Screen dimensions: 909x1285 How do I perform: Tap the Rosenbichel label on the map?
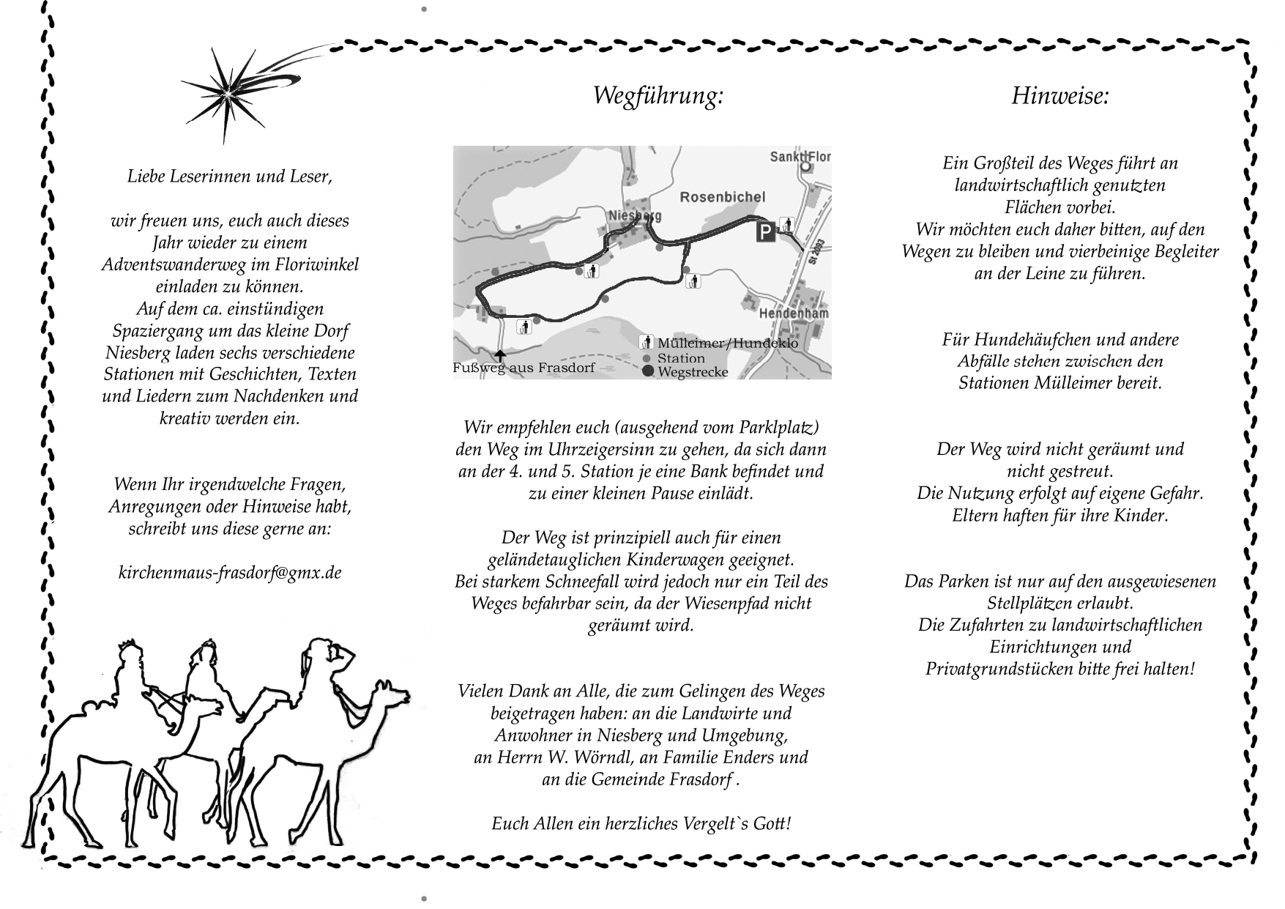tap(722, 196)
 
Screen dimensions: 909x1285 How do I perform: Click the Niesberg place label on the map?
tap(635, 215)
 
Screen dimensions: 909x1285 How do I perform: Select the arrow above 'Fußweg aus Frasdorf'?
tap(499, 356)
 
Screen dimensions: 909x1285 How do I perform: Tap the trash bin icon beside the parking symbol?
tap(787, 225)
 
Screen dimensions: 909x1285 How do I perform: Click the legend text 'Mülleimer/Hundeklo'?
tap(727, 344)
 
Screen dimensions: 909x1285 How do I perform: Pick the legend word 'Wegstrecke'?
tap(693, 372)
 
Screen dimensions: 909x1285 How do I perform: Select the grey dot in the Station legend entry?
tap(647, 358)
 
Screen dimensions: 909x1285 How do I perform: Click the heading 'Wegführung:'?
tap(658, 96)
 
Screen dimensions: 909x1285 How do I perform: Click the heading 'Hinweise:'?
tap(1060, 96)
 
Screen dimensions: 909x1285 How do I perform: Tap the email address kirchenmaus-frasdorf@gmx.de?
tap(230, 573)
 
